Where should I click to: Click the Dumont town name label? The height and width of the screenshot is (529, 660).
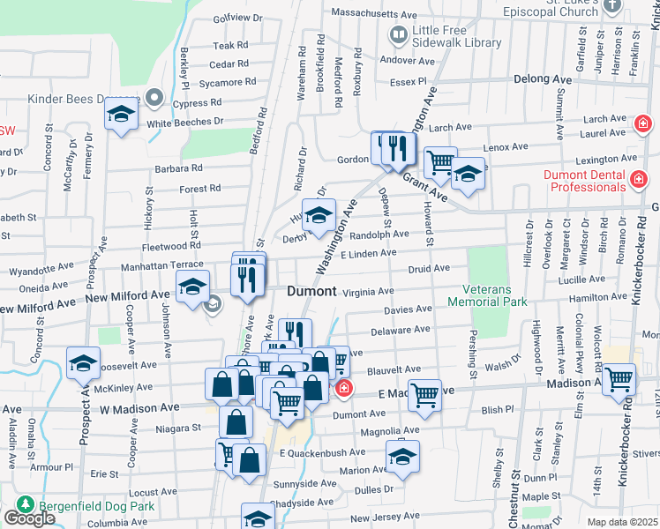click(311, 291)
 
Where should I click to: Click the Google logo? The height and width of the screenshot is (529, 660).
click(29, 518)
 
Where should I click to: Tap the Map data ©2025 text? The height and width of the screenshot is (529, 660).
click(623, 522)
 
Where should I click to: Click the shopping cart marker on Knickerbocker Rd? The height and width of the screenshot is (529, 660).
click(619, 378)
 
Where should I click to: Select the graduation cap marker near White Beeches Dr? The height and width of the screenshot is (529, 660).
click(122, 113)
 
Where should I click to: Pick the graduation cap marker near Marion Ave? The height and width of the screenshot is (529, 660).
click(402, 456)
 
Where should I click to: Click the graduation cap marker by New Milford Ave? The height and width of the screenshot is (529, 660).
click(191, 286)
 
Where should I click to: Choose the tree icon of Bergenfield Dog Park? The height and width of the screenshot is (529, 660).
click(25, 505)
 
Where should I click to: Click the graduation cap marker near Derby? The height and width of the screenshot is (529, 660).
click(319, 213)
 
